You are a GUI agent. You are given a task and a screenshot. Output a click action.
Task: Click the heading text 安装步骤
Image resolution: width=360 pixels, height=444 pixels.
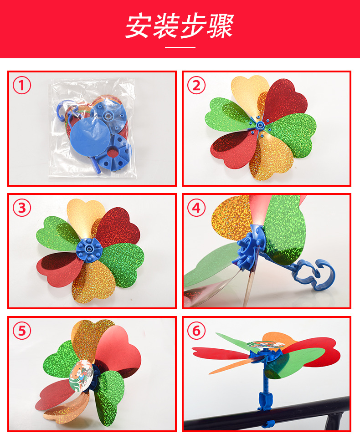click(x=180, y=26)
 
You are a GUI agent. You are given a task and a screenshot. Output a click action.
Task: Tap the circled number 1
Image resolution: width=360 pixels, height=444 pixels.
click(x=22, y=85)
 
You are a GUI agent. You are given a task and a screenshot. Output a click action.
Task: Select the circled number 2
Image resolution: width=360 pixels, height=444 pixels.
click(x=196, y=85)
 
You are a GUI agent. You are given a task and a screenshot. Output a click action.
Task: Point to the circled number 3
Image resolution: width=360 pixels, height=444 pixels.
click(x=22, y=208)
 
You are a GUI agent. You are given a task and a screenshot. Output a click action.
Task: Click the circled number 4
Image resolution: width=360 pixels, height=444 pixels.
click(x=196, y=208)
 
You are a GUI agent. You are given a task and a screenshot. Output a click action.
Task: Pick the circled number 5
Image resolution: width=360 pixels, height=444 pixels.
click(x=22, y=331)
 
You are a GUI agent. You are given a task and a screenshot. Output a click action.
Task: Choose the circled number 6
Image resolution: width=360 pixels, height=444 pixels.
click(x=196, y=331)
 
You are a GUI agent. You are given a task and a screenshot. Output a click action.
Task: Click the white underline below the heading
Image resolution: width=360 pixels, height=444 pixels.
click(x=180, y=47)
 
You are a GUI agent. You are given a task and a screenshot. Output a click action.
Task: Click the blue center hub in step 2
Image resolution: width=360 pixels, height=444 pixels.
click(x=260, y=125)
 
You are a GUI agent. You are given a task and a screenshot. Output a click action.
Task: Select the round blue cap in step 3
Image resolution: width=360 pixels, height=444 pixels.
click(x=89, y=249)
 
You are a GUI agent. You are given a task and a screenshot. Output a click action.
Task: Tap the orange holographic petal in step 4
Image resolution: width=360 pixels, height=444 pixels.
click(x=231, y=218)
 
